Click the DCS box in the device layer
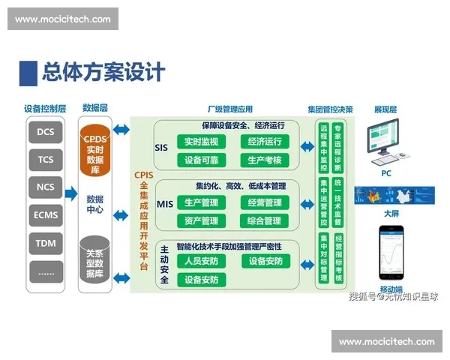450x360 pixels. (45, 133)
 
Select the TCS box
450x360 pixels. (45, 160)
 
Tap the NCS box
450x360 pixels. (45, 187)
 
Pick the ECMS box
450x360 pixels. (45, 215)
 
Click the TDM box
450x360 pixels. (45, 244)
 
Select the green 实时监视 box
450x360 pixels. (200, 142)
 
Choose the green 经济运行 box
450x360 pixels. (264, 142)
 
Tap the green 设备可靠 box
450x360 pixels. (200, 160)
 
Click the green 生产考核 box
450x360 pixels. (264, 160)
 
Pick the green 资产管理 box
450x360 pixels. (200, 220)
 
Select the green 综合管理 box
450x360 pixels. (264, 220)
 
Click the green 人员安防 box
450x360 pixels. (200, 261)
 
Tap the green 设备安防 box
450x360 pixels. (264, 261)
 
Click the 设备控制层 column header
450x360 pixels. (45, 109)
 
